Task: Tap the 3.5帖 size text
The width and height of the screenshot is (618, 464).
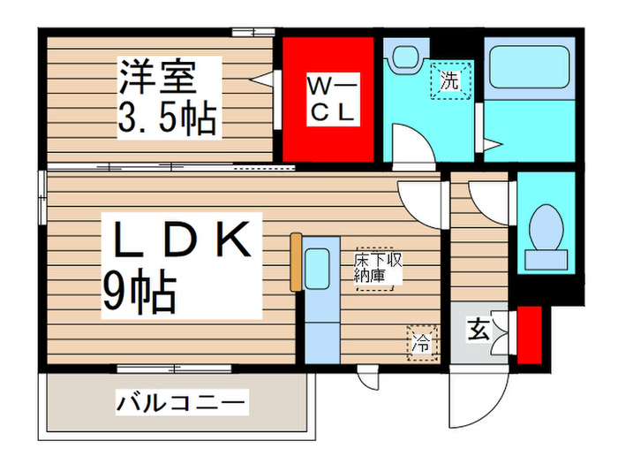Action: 168,117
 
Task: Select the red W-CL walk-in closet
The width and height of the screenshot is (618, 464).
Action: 331,97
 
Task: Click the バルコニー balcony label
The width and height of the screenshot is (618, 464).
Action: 182,405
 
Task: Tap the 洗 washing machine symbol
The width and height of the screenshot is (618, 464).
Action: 449,82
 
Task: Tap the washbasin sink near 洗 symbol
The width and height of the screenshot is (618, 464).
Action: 406,57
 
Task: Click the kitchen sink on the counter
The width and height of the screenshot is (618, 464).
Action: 317,270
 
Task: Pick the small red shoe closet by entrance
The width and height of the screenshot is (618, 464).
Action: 529,334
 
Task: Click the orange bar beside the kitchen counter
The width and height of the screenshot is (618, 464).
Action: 296,262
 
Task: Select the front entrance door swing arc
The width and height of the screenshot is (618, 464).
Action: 477,398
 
